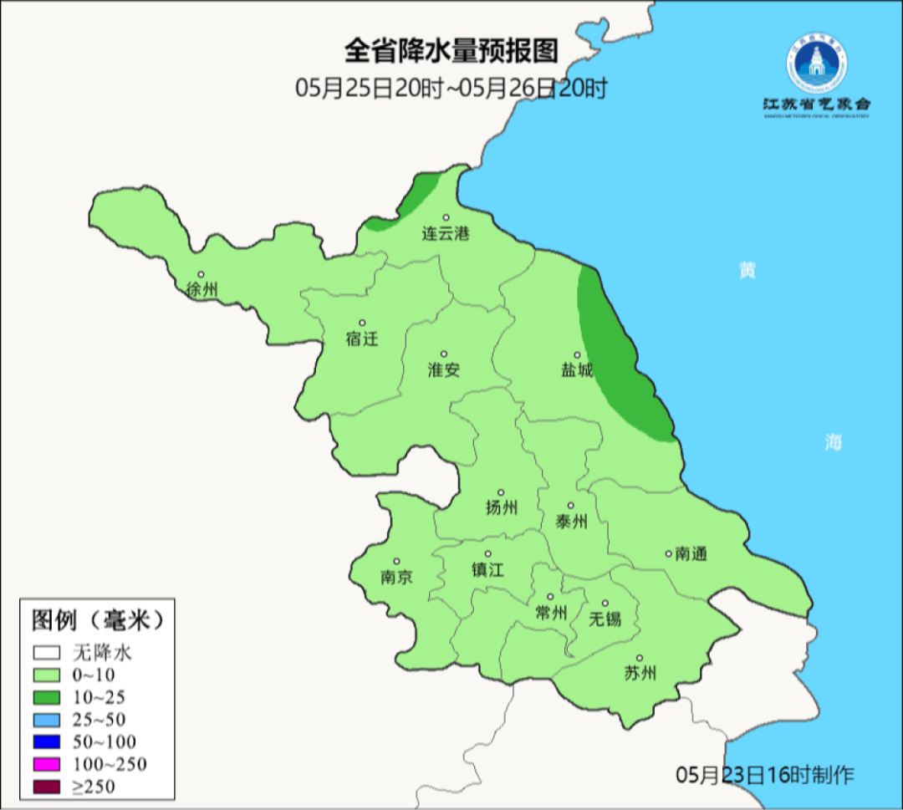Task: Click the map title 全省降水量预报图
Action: [x=451, y=52]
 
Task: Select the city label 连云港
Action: [x=446, y=234]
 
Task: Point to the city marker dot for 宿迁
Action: [x=362, y=323]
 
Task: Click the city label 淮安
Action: [x=444, y=369]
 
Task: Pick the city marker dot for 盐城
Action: [x=576, y=354]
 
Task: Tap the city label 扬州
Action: [x=502, y=507]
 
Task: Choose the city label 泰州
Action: [x=571, y=522]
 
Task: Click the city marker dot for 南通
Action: [x=668, y=553]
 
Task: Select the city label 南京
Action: [x=396, y=578]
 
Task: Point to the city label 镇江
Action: [x=487, y=570]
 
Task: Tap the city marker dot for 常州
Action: [x=550, y=597]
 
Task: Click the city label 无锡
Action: [x=605, y=619]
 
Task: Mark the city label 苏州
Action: [x=640, y=674]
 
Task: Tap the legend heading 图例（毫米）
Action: [x=95, y=621]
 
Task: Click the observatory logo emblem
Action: [x=816, y=64]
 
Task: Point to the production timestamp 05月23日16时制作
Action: [x=765, y=775]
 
